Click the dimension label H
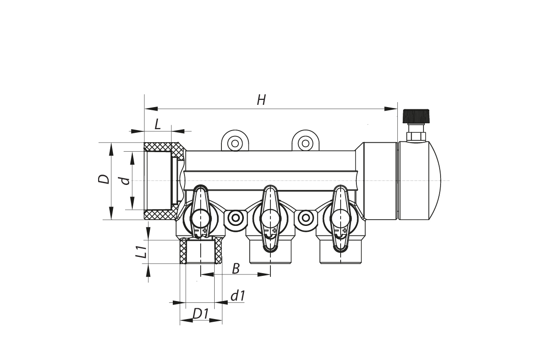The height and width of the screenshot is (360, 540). click(x=261, y=100)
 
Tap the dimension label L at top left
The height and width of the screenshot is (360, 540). click(x=157, y=124)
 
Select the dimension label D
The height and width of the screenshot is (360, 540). click(x=104, y=179)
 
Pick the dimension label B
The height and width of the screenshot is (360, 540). click(x=235, y=269)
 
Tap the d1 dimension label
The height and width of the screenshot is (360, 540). click(x=237, y=296)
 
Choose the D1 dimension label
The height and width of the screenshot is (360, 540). click(x=201, y=314)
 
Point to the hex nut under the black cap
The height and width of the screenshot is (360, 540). click(x=416, y=135)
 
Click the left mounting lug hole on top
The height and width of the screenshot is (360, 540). click(x=234, y=144)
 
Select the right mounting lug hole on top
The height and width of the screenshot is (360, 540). click(x=306, y=144)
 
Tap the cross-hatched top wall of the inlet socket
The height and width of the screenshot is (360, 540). click(x=160, y=147)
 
